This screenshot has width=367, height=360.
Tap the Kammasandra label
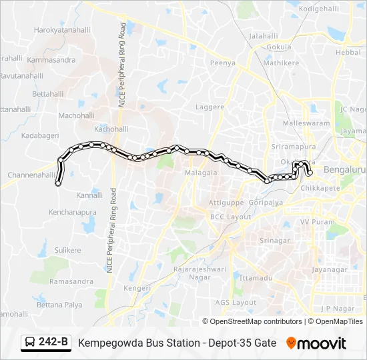click(51, 60)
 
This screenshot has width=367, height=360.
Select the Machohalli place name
click(77, 115)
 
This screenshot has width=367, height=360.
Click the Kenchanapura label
click(73, 212)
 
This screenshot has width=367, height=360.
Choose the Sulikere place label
click(67, 251)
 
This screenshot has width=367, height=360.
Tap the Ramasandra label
click(71, 281)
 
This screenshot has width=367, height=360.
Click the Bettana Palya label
click(59, 305)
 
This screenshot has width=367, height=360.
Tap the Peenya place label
click(223, 63)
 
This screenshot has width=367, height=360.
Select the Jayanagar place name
click(330, 269)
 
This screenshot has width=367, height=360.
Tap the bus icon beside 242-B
click(30, 343)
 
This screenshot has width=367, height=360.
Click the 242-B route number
click(53, 343)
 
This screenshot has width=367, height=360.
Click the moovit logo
click(316, 343)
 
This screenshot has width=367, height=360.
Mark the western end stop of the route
click(58, 183)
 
